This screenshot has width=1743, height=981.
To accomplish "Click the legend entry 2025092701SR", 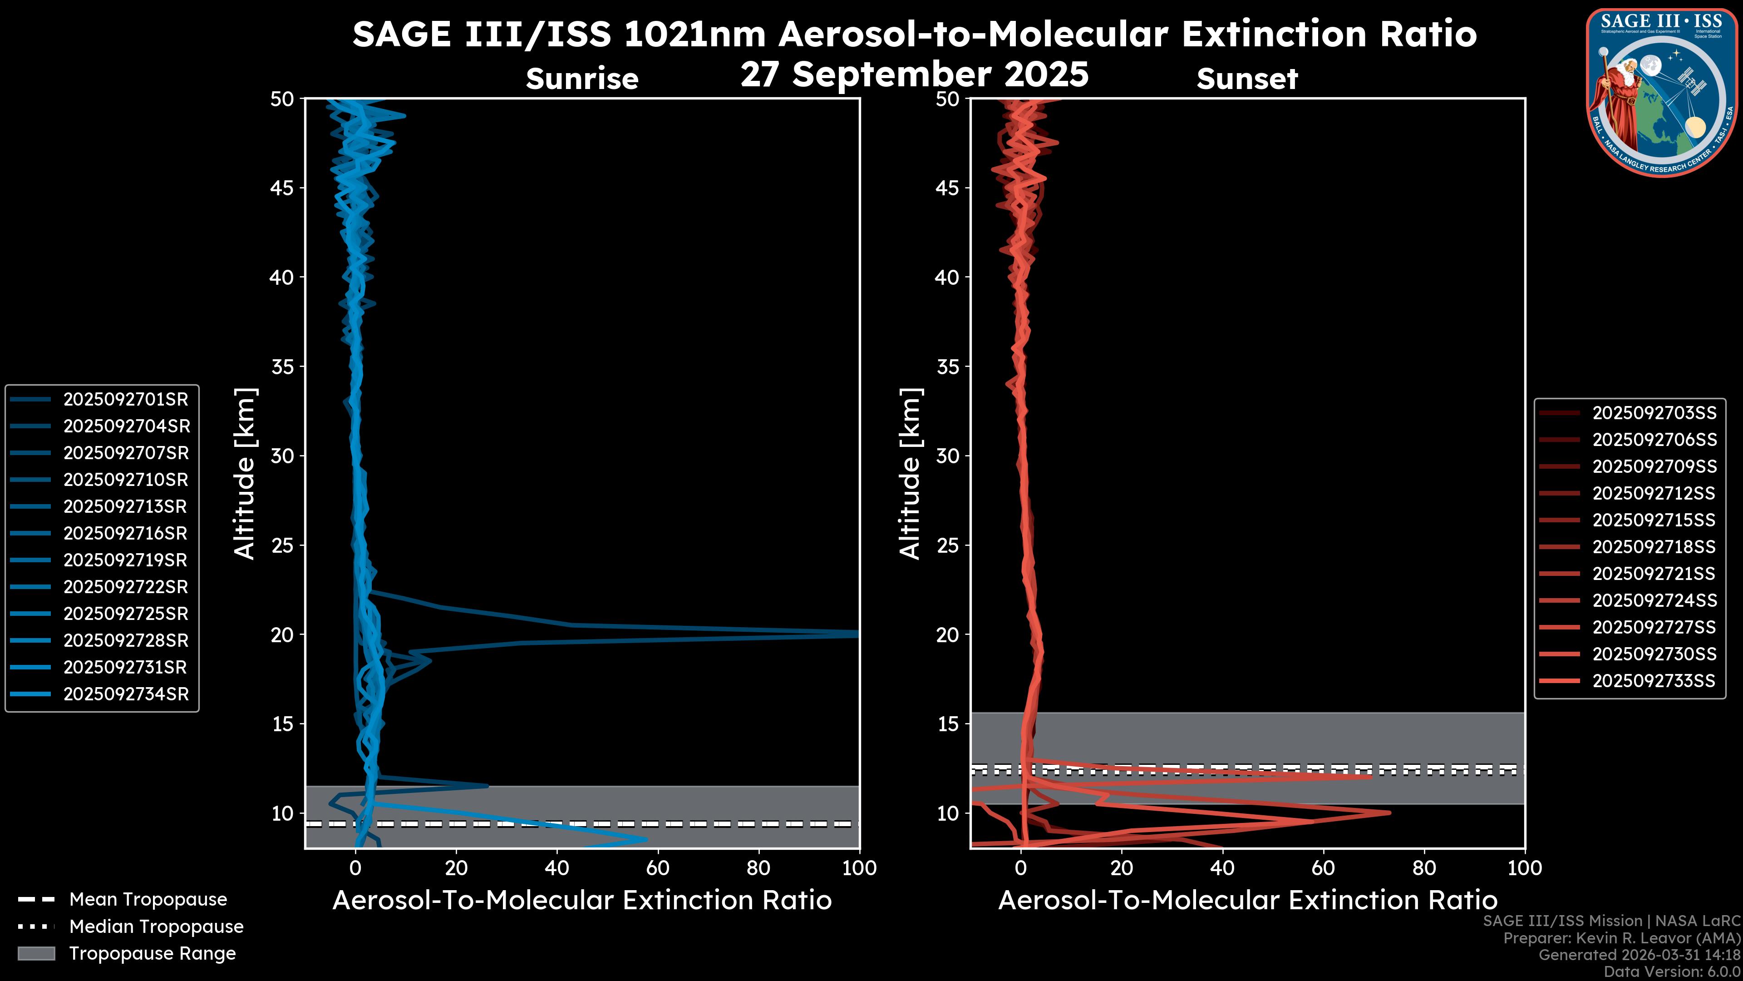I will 126,400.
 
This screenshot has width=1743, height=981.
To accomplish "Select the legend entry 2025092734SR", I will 126,694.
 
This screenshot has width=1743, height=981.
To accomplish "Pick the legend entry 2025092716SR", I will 125,534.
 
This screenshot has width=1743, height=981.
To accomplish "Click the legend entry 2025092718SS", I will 1654,547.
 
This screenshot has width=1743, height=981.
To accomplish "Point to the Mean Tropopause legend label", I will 148,899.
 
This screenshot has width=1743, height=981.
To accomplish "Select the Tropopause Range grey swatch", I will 36,953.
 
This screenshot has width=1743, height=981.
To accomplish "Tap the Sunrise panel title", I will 582,79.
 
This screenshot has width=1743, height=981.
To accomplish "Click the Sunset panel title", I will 1247,79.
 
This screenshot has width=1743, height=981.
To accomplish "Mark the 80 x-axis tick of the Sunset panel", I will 1424,868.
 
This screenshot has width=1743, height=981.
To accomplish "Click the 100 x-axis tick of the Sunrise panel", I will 859,868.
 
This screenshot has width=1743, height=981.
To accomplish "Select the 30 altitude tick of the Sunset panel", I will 948,456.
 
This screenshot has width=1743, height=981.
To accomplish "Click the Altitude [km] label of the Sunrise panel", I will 245,474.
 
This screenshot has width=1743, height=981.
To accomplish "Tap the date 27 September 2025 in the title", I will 914,74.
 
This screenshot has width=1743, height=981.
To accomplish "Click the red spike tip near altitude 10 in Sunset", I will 1389,813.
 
